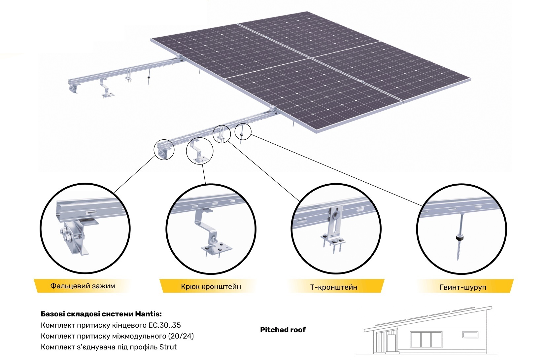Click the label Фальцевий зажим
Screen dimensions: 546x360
point(83,286)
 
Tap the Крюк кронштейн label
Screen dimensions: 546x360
point(211,286)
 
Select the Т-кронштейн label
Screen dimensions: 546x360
point(334,287)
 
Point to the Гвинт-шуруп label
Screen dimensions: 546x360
point(463,287)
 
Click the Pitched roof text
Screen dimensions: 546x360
point(283,330)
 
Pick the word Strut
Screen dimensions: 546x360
point(168,347)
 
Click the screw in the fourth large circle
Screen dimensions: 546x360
point(460,236)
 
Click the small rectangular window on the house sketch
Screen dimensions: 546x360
point(470,335)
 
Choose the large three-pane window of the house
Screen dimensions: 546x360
point(426,340)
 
